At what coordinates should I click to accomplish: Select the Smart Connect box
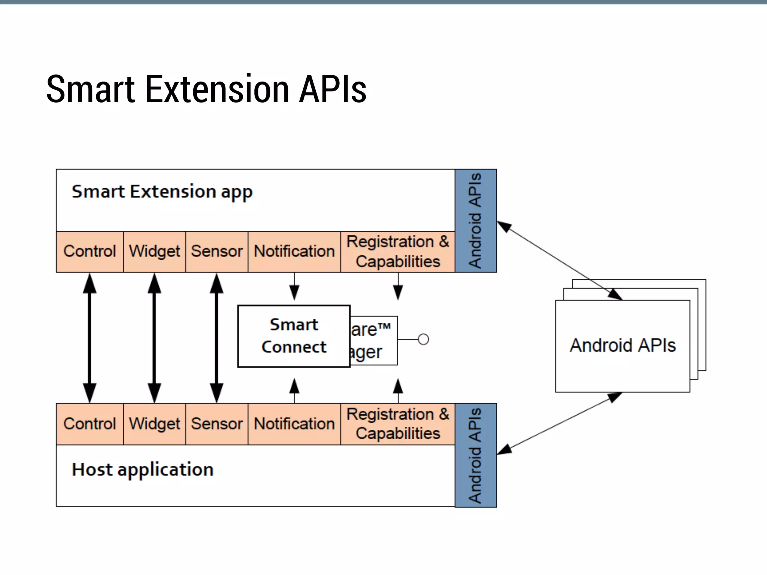[x=294, y=336]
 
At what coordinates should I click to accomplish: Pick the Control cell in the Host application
[x=90, y=424]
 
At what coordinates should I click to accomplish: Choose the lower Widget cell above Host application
[x=154, y=424]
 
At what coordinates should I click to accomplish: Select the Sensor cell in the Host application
[x=217, y=424]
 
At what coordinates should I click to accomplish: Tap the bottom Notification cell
[x=294, y=424]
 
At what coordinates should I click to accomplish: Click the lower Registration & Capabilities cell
[x=398, y=424]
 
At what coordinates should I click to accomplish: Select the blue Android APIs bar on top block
[x=476, y=221]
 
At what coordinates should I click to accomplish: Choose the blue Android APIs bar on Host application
[x=476, y=455]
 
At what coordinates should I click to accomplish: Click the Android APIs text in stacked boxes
[x=622, y=345]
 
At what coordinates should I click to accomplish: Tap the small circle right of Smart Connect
[x=423, y=339]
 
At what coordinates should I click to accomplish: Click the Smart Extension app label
[x=162, y=192]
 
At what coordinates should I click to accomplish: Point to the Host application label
[x=143, y=469]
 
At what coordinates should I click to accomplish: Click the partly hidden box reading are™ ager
[x=373, y=341]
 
